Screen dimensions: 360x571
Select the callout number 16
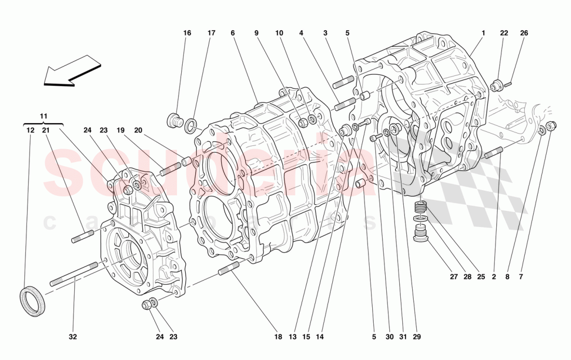coord(187,33)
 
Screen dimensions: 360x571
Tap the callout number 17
coord(211,33)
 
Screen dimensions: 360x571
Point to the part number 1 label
coord(483,33)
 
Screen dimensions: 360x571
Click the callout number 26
coord(524,33)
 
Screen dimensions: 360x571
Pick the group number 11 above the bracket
coord(44,115)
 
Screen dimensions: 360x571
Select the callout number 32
coord(73,337)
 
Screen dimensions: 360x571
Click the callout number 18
coord(278,337)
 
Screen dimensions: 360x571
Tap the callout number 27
coord(454,277)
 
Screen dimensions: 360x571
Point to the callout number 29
coord(416,337)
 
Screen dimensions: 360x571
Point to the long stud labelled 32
coord(74,274)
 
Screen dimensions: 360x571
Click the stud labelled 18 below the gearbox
coord(228,269)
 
